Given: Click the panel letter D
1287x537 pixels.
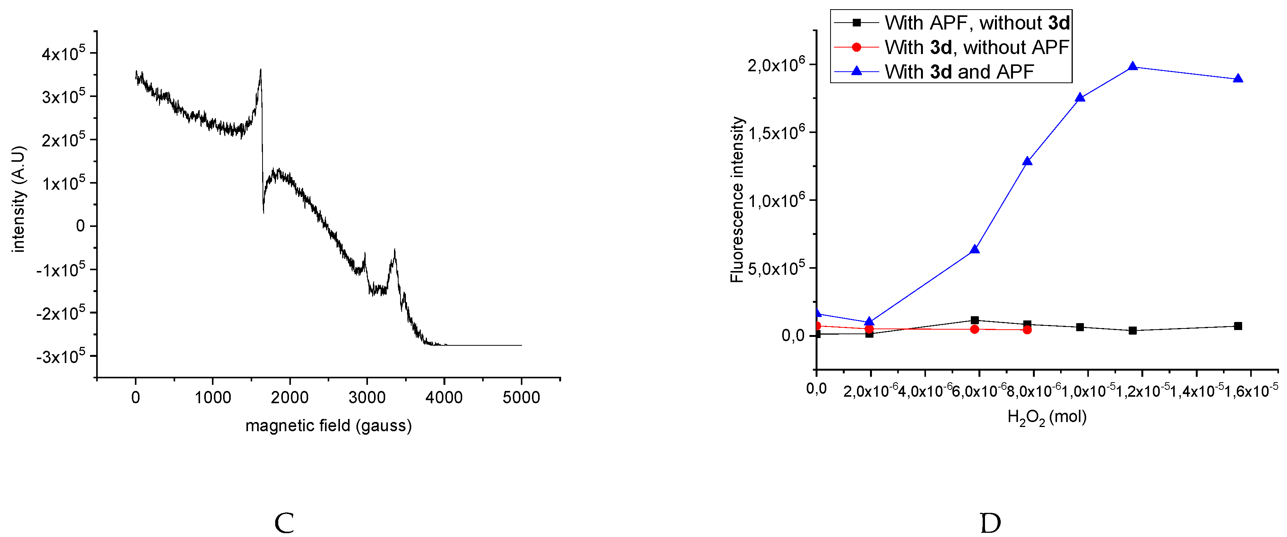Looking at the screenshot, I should pos(990,523).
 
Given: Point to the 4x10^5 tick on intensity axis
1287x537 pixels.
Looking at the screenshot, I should pos(64,53).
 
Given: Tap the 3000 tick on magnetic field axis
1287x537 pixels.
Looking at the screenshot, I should pos(367,397).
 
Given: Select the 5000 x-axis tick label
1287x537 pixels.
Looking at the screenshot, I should pos(521,397).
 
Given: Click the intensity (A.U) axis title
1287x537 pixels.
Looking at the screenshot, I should pos(18,199).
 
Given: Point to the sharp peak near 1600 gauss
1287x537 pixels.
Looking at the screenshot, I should pos(260,71).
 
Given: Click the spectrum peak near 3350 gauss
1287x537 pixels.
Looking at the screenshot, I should pos(395,250).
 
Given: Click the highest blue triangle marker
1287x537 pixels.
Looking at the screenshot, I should pos(1133,66).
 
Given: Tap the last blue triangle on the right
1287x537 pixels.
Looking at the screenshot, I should pos(1238,79).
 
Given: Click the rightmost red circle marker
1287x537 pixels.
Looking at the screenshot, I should pos(1027,330).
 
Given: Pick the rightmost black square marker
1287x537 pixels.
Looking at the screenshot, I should pos(1238,326).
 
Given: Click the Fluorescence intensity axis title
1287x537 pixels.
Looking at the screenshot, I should pos(737,200).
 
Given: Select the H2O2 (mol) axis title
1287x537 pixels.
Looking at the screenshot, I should pos(1047,417).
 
